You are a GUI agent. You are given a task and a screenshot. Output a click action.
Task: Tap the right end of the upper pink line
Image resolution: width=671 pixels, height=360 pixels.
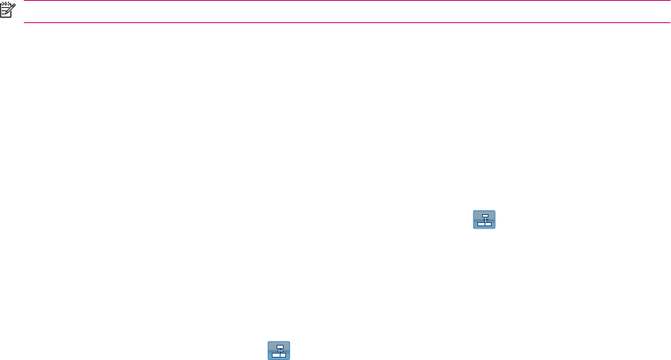click(x=669, y=1)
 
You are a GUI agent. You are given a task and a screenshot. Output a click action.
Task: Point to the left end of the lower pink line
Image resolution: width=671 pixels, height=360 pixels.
click(x=25, y=22)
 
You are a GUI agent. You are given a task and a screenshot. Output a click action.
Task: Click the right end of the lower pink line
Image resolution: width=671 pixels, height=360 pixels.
click(x=669, y=22)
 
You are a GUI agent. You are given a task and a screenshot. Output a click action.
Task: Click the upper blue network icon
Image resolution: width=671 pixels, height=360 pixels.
click(x=485, y=221)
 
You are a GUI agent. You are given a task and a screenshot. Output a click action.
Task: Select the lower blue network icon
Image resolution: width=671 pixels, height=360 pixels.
click(x=279, y=350)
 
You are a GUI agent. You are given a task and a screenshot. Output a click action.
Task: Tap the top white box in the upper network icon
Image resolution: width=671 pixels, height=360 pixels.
click(x=485, y=216)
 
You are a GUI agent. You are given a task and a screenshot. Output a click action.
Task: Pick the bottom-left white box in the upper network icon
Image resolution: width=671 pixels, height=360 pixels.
click(x=481, y=225)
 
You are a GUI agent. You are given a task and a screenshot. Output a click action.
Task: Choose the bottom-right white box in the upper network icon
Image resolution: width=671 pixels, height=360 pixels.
click(x=489, y=225)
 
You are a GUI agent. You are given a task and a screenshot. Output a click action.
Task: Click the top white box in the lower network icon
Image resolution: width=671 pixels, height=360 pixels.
click(x=279, y=346)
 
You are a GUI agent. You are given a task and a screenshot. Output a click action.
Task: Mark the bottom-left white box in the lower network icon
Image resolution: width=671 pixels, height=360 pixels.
click(x=275, y=354)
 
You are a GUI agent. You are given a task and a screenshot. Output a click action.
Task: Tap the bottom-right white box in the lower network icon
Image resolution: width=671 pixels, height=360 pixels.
click(x=283, y=354)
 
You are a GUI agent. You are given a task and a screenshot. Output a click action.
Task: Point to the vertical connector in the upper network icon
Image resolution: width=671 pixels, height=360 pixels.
click(x=485, y=220)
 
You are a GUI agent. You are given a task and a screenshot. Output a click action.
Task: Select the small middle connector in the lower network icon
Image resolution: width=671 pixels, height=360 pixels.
click(x=279, y=350)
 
